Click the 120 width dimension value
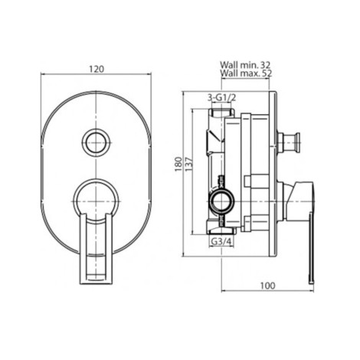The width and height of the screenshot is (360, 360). [97, 69]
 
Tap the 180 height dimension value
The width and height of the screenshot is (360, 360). [178, 164]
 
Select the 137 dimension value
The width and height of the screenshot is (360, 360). [189, 164]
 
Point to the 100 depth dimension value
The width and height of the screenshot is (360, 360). [268, 286]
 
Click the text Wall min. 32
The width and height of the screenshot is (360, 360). [245, 65]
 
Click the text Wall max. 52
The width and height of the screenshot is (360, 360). [247, 74]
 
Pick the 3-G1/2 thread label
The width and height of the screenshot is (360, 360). [221, 97]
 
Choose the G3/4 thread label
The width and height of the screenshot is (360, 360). [221, 241]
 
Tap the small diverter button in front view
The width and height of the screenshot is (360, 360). [96, 142]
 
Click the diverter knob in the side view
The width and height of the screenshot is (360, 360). [289, 142]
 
